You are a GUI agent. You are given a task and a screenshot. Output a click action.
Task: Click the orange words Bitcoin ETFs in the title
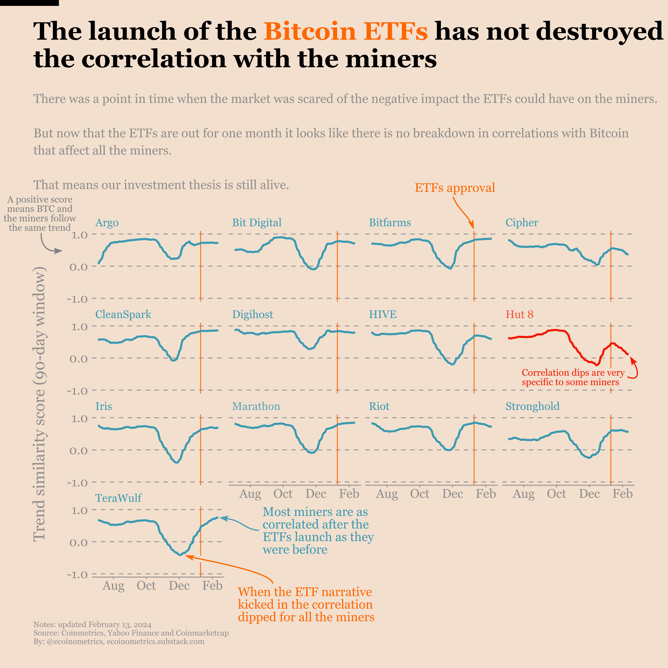pyautogui.click(x=346, y=31)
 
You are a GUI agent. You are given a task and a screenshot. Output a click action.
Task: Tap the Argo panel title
pyautogui.click(x=107, y=223)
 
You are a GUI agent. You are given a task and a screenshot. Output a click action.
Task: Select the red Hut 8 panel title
pyautogui.click(x=519, y=314)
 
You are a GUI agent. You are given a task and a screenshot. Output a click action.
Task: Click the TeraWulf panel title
pyautogui.click(x=118, y=498)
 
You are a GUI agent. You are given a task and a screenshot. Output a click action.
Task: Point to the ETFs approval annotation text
pyautogui.click(x=455, y=188)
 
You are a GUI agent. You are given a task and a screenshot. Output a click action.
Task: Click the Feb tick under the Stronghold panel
pyautogui.click(x=622, y=494)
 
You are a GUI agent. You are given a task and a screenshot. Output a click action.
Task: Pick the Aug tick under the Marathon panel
pyautogui.click(x=250, y=494)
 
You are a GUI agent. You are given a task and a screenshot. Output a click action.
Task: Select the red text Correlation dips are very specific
pyautogui.click(x=573, y=377)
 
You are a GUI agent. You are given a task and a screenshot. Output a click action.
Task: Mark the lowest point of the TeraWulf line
pyautogui.click(x=180, y=554)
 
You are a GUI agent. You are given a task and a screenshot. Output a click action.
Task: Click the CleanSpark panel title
pyautogui.click(x=123, y=314)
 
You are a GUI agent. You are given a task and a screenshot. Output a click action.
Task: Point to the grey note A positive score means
pyautogui.click(x=40, y=213)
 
